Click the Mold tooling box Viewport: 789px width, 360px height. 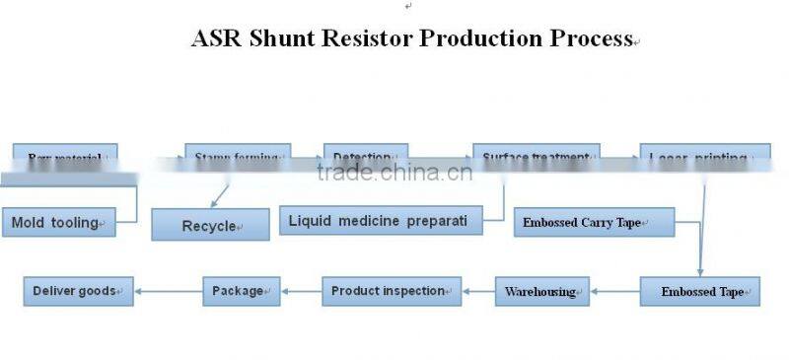click(59, 223)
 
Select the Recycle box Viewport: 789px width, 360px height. click(209, 225)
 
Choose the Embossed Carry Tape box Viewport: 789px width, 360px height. click(594, 222)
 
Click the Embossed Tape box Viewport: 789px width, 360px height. click(699, 291)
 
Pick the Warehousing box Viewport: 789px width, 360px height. click(541, 291)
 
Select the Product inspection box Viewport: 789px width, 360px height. click(392, 291)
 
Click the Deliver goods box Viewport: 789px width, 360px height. click(78, 291)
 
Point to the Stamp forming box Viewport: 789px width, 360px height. click(238, 156)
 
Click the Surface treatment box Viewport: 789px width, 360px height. click(536, 156)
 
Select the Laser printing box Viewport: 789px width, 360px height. click(703, 156)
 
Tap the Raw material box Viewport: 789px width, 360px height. click(65, 156)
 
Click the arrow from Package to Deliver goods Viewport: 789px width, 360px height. click(168, 291)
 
